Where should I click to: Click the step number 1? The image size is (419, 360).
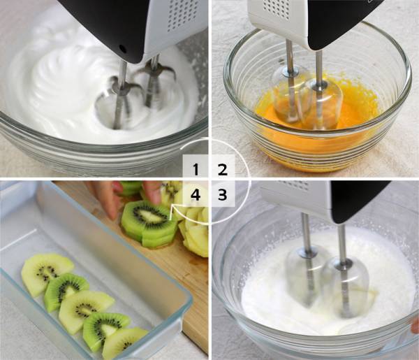tap(196, 170)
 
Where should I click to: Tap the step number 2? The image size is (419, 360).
tap(222, 170)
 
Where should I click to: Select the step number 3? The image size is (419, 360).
tap(222, 195)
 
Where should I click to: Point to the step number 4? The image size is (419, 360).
tap(196, 195)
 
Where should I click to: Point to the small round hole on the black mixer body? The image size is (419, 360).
tap(123, 49)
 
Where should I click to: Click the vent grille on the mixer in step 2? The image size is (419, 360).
tap(276, 8)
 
